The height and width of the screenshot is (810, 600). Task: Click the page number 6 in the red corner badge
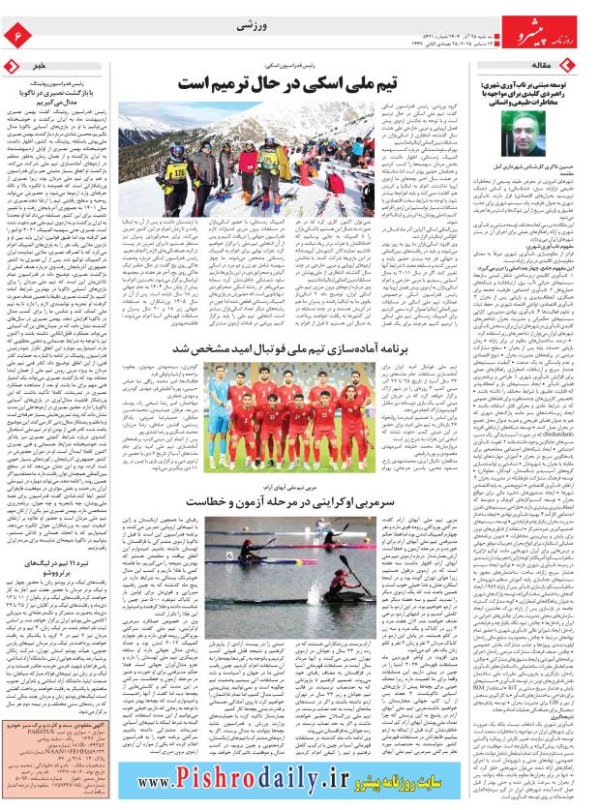point(16,35)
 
